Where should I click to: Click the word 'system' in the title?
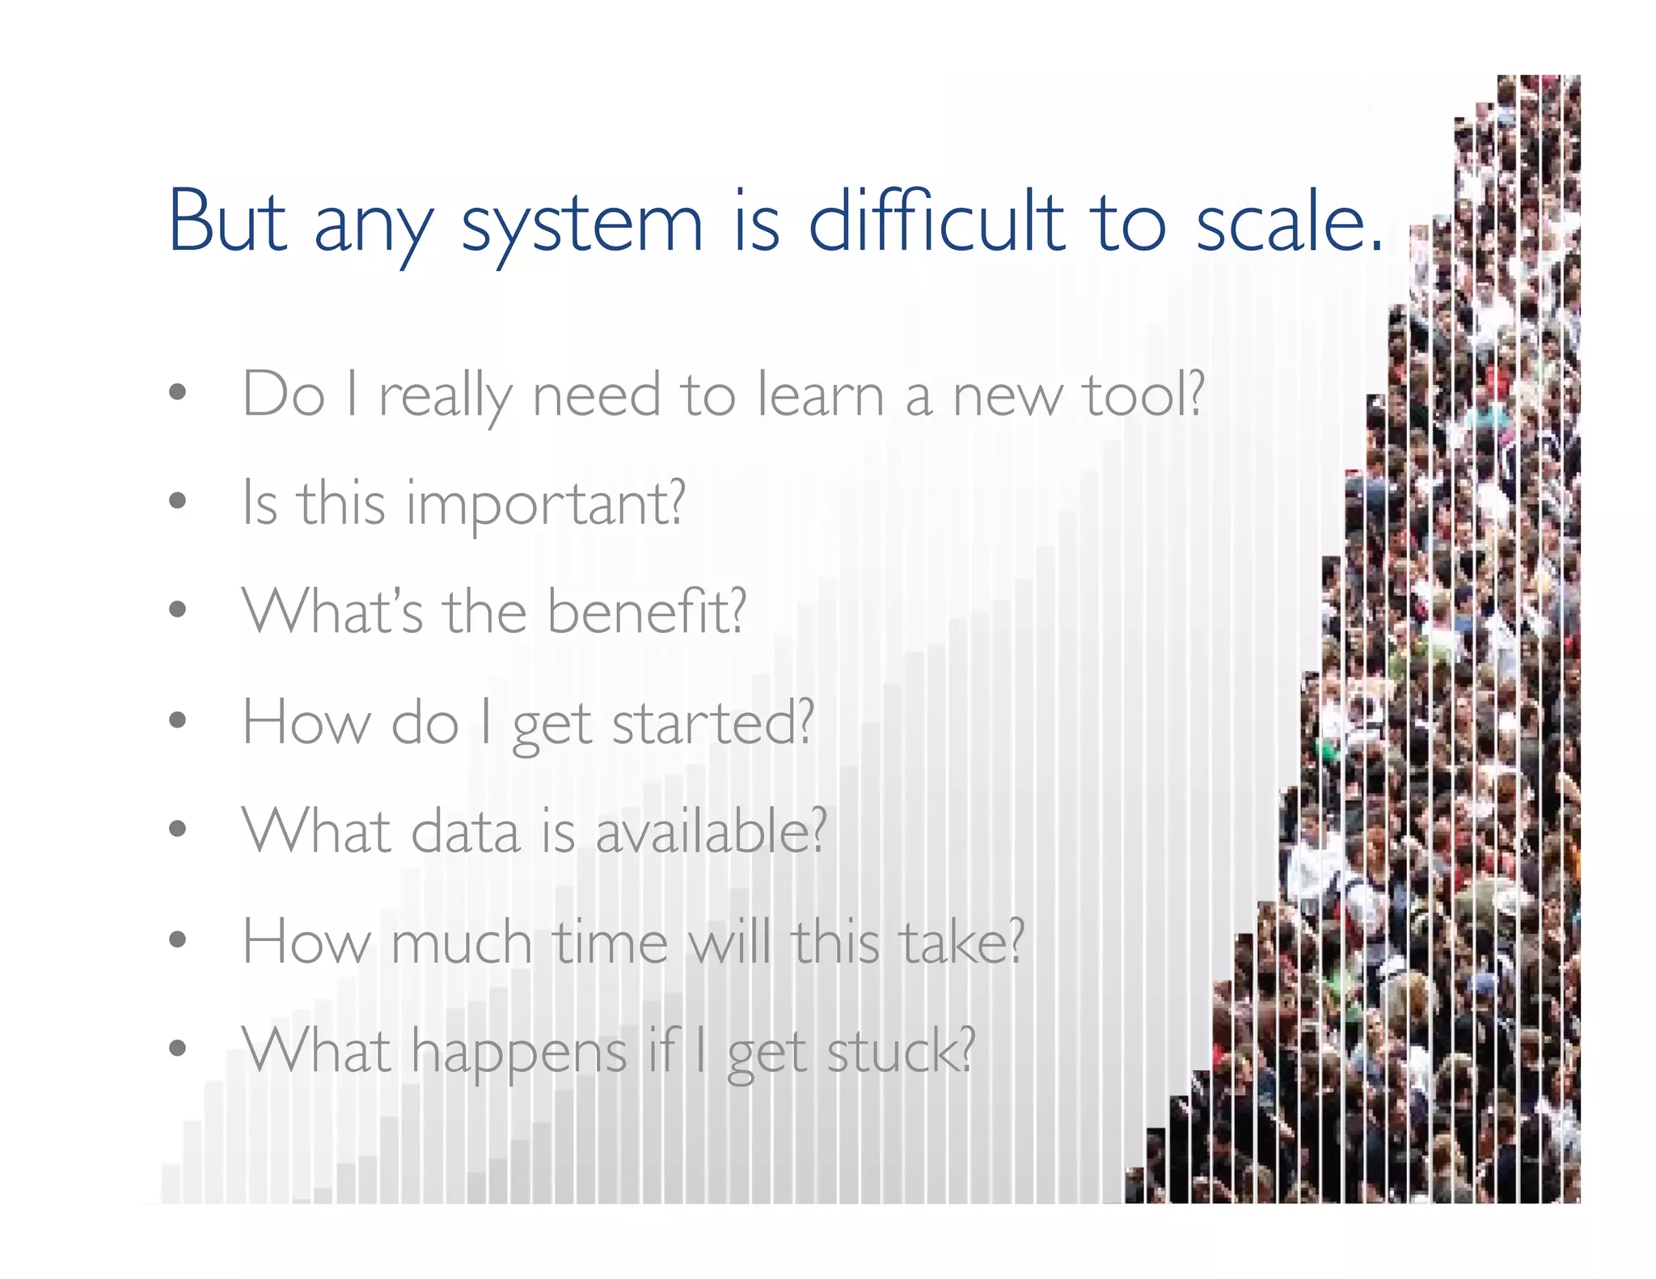pyautogui.click(x=582, y=226)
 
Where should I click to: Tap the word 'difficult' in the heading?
pyautogui.click(x=936, y=222)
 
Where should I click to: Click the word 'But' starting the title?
pyautogui.click(x=227, y=222)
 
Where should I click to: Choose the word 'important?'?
pyautogui.click(x=546, y=505)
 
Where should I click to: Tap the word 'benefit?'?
pyautogui.click(x=647, y=612)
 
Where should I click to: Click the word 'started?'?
pyautogui.click(x=712, y=722)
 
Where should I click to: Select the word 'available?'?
pyautogui.click(x=711, y=831)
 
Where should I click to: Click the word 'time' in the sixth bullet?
pyautogui.click(x=610, y=942)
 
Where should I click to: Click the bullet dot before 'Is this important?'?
pyautogui.click(x=178, y=501)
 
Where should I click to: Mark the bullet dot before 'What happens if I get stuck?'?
pyautogui.click(x=178, y=1049)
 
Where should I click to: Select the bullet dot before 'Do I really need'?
pyautogui.click(x=178, y=393)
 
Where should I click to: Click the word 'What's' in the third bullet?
pyautogui.click(x=332, y=612)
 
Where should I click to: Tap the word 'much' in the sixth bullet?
pyautogui.click(x=461, y=942)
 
